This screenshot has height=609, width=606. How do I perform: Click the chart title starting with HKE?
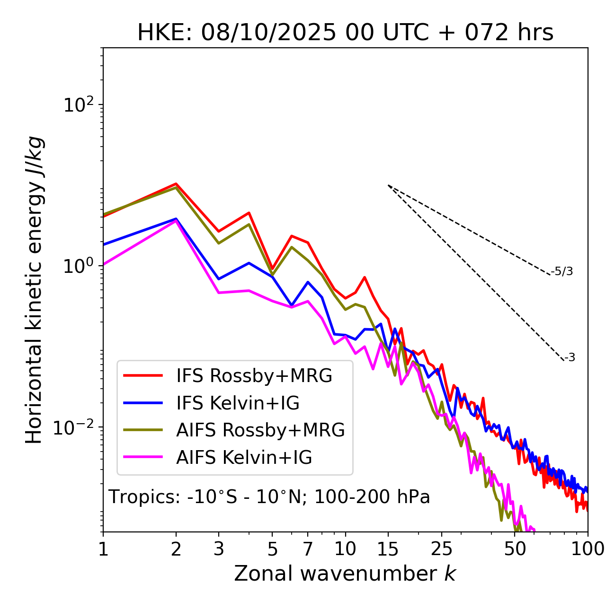[x=345, y=33]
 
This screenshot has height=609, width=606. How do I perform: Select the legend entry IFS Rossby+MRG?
[x=254, y=376]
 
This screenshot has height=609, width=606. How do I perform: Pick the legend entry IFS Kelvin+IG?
[x=238, y=403]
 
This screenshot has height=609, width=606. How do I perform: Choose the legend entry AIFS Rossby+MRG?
[x=260, y=430]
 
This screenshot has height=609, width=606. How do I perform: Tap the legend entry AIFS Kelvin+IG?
[x=244, y=458]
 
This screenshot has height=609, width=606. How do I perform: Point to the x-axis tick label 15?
[x=388, y=549]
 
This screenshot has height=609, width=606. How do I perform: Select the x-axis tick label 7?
[x=308, y=549]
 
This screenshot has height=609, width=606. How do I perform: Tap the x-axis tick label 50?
[x=515, y=549]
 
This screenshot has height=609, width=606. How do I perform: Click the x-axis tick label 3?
[x=219, y=549]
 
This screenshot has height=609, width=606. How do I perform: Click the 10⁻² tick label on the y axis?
[x=76, y=427]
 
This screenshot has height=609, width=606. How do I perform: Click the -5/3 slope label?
[x=562, y=272]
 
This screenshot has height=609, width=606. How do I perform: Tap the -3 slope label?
[x=570, y=358]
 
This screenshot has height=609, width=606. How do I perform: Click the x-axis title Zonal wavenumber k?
[x=345, y=574]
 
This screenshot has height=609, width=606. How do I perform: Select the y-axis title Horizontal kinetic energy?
[x=34, y=290]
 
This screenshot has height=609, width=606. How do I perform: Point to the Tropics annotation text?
[x=269, y=497]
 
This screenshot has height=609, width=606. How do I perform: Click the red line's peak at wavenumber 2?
[x=176, y=183]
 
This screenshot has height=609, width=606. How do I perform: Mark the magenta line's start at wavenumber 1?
[x=104, y=264]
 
